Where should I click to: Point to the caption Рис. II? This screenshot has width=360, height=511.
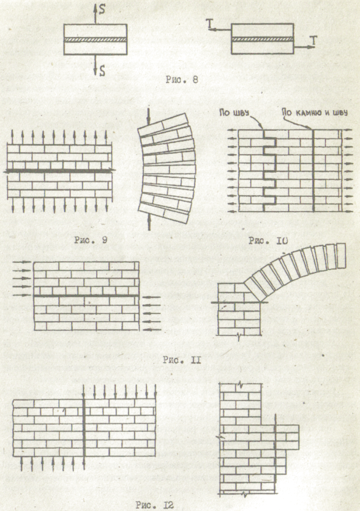(181, 359)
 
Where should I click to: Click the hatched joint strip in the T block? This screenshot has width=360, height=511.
(262, 39)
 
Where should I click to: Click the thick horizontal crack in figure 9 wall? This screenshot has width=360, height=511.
(59, 171)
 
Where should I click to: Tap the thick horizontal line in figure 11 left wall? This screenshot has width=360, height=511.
(86, 296)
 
